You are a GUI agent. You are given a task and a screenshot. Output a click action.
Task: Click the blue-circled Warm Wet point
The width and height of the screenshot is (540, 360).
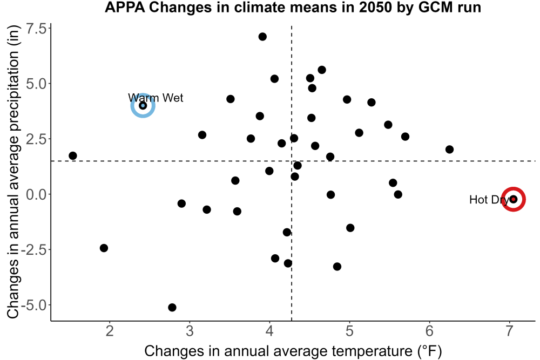pos(143,105)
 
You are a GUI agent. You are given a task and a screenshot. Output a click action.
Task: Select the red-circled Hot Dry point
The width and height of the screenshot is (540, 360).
pos(513,199)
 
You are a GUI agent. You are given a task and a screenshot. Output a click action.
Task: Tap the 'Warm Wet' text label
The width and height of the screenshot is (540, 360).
pos(156,98)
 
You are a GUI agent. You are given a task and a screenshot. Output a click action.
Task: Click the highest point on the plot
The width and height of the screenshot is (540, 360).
pos(262,37)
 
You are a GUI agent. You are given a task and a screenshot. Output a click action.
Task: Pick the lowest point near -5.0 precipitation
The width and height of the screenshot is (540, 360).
pos(172,307)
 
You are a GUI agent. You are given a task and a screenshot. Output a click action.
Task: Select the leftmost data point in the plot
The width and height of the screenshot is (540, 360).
pos(73,155)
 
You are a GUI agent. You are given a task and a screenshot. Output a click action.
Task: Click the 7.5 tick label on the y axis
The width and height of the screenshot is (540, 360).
pos(37,29)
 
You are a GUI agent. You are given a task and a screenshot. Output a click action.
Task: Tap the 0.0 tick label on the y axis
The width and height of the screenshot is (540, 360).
pos(37,194)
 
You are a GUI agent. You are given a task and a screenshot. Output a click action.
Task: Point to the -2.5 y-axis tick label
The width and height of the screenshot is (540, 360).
pos(33,250)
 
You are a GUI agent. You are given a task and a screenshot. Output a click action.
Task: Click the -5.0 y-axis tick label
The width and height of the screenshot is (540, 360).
pos(33,305)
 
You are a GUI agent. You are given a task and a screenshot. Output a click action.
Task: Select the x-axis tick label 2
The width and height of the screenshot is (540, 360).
pos(110,331)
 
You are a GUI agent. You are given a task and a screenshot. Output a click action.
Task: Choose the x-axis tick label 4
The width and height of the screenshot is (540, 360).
pos(269,331)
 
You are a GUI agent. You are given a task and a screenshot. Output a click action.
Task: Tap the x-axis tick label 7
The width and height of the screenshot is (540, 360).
pos(509,331)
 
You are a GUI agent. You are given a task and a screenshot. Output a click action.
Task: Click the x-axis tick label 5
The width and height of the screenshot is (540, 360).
pos(349,331)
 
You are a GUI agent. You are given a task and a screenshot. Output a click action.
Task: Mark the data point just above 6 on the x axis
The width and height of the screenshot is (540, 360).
pos(449,150)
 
